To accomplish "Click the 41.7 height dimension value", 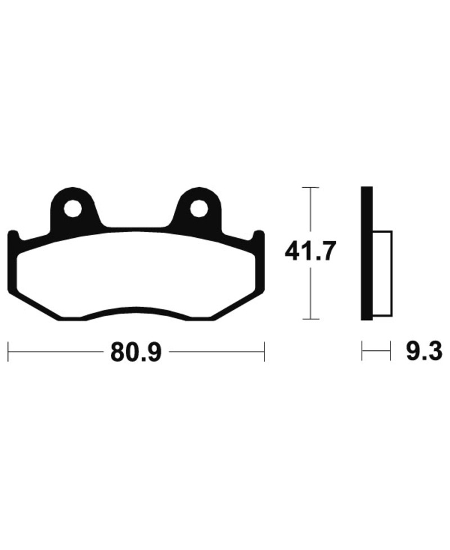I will [x=310, y=251].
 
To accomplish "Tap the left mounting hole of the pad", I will [x=72, y=209].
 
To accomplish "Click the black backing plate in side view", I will [x=366, y=253].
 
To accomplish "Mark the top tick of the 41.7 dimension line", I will [x=310, y=187].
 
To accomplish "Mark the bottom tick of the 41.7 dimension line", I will [x=310, y=319].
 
